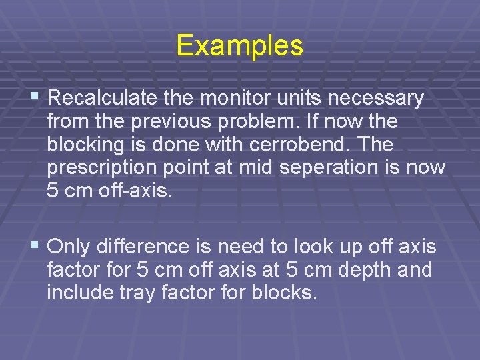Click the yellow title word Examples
239,46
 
